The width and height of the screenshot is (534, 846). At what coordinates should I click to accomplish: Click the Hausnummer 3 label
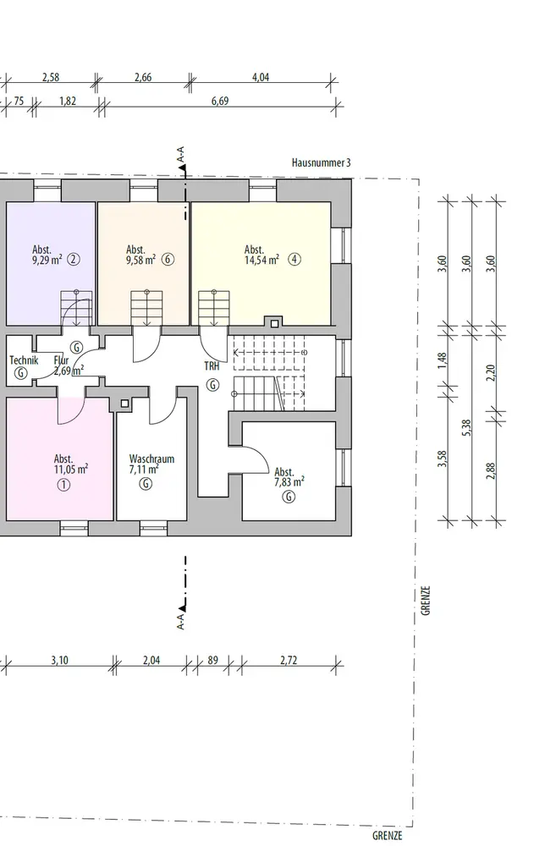321,162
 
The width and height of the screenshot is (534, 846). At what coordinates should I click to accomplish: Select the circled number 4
294,260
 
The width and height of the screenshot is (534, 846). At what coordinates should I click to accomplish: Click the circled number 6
168,260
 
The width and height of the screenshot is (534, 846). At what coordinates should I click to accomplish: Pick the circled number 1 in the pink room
63,485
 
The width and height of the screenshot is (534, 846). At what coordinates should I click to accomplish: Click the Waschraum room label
151,459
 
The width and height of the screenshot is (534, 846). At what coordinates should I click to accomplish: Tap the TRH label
212,366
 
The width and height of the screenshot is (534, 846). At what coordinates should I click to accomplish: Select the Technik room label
24,360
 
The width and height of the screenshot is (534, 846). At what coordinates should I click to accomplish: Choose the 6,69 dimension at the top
220,100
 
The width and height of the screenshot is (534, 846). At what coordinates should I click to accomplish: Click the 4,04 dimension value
261,78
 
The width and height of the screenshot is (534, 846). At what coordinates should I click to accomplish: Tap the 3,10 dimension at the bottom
59,661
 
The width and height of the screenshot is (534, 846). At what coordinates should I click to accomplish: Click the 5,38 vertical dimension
466,428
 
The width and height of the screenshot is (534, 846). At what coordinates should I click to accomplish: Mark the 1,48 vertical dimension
443,361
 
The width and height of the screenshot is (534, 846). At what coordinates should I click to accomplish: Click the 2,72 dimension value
289,661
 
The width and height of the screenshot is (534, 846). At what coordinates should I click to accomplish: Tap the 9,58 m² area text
140,261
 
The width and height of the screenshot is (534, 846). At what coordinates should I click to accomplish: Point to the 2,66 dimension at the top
143,78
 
